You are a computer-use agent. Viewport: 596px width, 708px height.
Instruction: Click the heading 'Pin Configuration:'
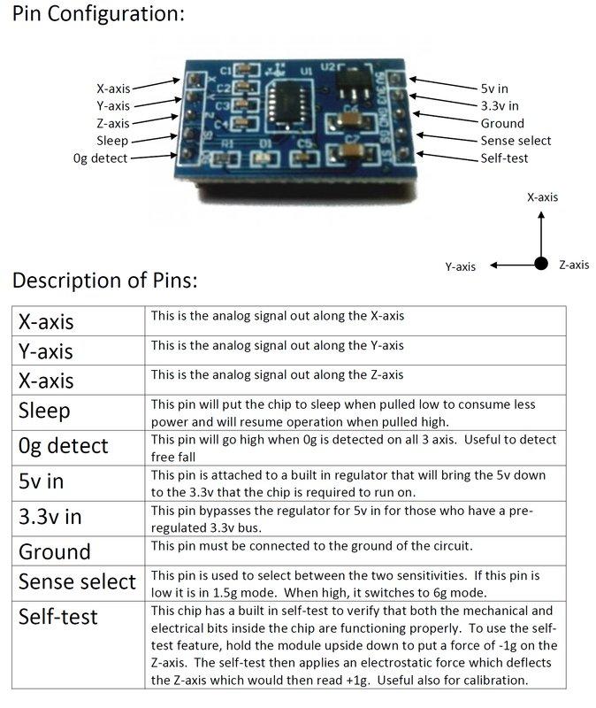tap(99, 15)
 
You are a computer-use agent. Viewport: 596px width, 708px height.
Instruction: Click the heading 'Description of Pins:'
tap(104, 281)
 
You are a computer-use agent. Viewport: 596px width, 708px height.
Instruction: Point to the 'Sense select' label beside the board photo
tap(516, 141)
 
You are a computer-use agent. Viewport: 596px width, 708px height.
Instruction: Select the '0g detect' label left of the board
tap(101, 158)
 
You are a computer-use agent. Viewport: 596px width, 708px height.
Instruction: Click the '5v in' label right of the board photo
tap(495, 89)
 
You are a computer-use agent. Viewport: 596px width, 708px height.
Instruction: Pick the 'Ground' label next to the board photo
tap(501, 124)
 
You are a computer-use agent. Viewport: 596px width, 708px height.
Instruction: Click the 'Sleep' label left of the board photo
tap(112, 141)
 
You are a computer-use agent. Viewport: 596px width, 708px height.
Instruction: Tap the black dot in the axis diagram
tap(539, 263)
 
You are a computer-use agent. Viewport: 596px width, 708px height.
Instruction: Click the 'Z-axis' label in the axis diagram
tap(574, 265)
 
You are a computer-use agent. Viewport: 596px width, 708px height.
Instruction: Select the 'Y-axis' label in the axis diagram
tap(460, 266)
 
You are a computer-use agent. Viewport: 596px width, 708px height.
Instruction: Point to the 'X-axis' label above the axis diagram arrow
tap(542, 197)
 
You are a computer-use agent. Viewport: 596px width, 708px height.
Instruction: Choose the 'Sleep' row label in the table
tap(44, 411)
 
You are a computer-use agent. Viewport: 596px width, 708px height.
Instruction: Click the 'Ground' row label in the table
tap(55, 551)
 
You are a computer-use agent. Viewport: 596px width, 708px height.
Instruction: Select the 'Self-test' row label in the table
tap(58, 616)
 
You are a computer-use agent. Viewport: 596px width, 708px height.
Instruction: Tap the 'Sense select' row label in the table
tap(77, 581)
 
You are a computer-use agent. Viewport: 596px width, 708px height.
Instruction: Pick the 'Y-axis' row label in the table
tap(46, 351)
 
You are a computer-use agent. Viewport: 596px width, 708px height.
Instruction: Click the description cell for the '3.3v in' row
tap(354, 518)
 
